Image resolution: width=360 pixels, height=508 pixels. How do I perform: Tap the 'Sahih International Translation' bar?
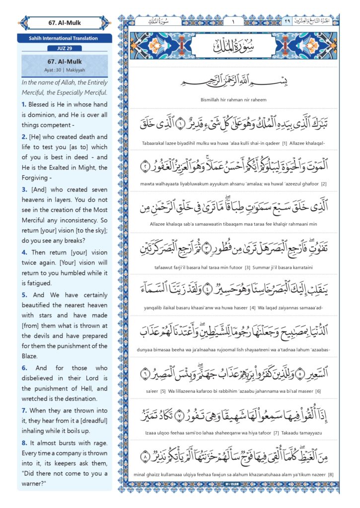pos(64,38)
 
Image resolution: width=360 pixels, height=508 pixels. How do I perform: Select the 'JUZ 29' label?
pos(64,48)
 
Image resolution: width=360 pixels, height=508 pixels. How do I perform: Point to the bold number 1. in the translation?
pos(24,105)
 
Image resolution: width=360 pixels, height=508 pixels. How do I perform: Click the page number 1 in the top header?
pos(232,21)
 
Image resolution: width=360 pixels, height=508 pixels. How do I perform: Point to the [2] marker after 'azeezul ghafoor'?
pos(323,184)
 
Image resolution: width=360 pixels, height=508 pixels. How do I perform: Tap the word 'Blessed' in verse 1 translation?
pos(41,105)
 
